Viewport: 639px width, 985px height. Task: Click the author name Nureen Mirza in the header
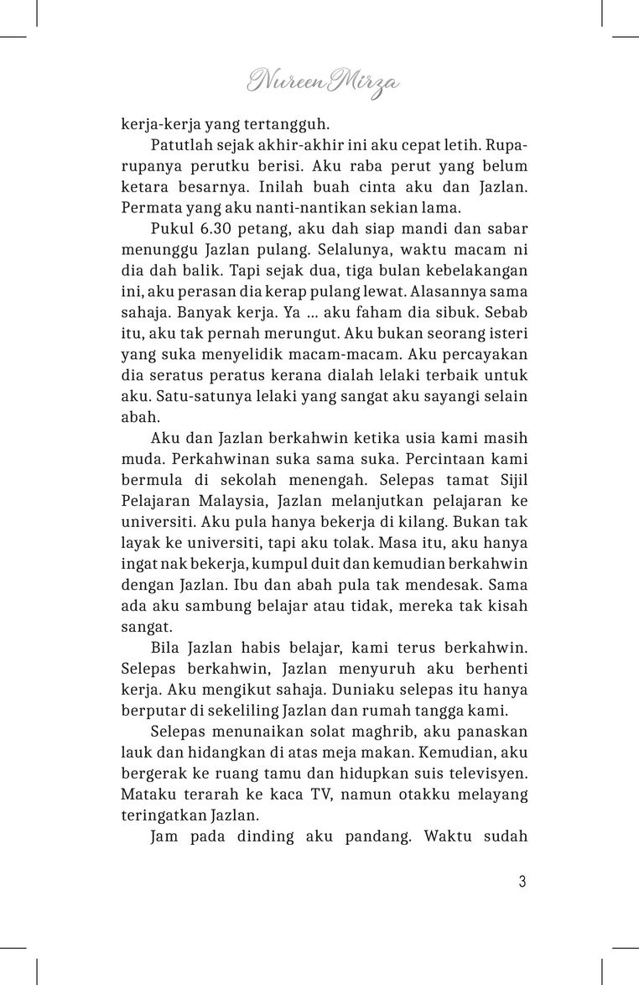click(x=323, y=81)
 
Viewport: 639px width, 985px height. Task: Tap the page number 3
click(x=522, y=881)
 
